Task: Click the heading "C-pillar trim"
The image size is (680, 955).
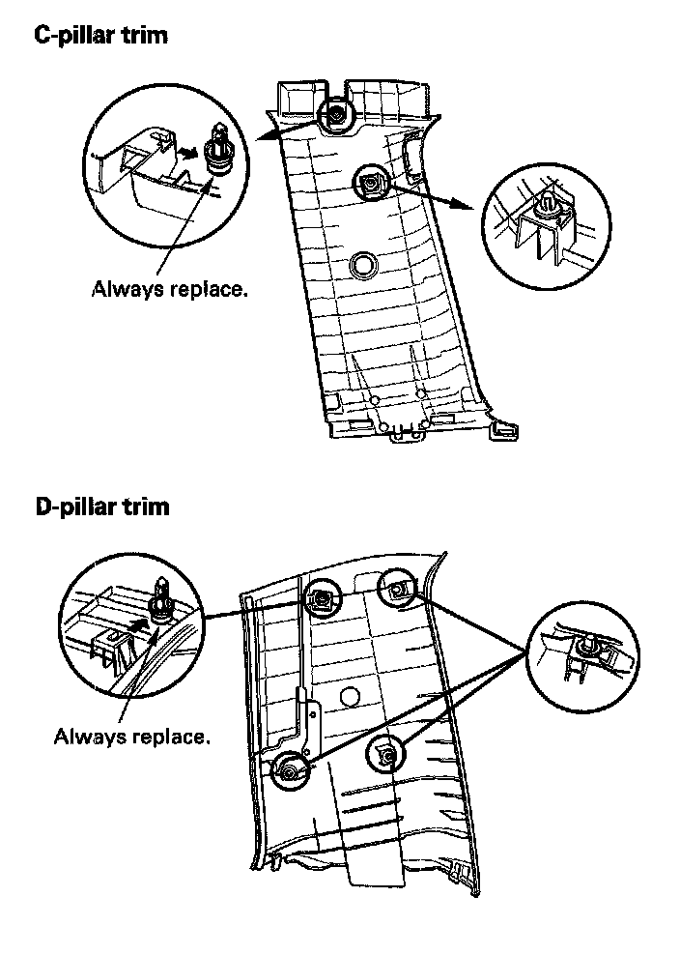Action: [x=100, y=37]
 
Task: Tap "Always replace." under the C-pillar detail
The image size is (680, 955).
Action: [x=168, y=288]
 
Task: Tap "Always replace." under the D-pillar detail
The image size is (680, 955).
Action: [x=130, y=737]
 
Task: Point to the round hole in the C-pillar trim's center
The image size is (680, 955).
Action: [x=364, y=263]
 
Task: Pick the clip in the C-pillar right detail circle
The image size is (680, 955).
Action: [x=548, y=205]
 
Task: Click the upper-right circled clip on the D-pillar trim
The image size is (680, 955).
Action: [x=396, y=589]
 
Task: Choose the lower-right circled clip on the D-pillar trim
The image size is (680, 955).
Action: [x=383, y=755]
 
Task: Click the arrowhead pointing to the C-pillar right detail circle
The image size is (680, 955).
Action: [x=470, y=207]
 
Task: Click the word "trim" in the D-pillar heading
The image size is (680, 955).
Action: [x=146, y=506]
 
